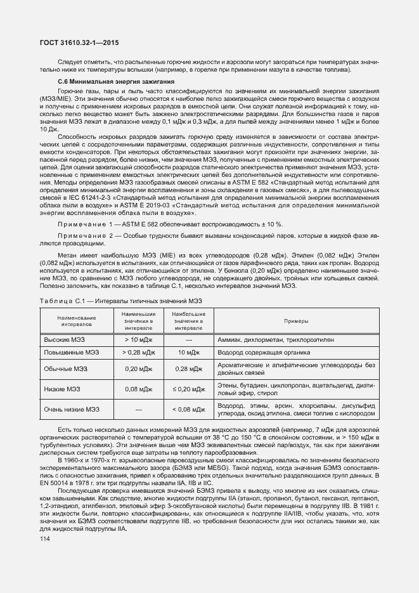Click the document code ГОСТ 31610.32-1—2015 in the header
79,43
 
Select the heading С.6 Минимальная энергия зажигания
113,82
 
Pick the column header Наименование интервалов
76,320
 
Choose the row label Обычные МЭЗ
66,368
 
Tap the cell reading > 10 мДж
138,340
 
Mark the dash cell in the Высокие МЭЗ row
188,340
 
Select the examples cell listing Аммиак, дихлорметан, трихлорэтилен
275,340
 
